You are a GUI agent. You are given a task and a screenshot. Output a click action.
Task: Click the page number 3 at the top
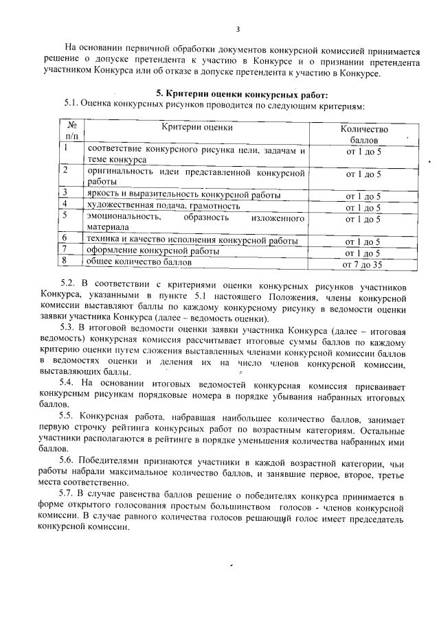(238, 29)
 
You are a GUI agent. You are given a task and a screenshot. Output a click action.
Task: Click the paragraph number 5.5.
(67, 417)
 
